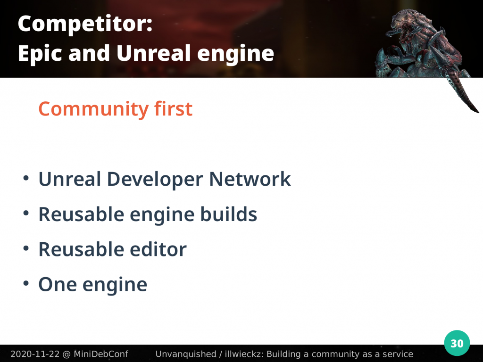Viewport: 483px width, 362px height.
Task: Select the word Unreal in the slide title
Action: point(154,53)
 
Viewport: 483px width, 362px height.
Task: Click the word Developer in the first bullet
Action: point(155,180)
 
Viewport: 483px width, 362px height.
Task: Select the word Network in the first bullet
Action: point(250,179)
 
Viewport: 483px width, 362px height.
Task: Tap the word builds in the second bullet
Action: point(229,214)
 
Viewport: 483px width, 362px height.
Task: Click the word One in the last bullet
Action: point(58,284)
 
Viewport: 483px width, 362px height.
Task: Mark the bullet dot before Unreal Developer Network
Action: point(26,178)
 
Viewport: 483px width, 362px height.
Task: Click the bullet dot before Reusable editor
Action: point(26,248)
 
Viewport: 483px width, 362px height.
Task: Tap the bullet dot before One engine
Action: point(26,283)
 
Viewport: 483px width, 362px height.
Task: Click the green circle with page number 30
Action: point(457,343)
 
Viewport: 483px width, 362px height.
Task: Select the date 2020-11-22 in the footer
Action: point(35,354)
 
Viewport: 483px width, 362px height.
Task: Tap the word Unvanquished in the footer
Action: point(186,354)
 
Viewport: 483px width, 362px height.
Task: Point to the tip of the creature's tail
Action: point(478,112)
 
